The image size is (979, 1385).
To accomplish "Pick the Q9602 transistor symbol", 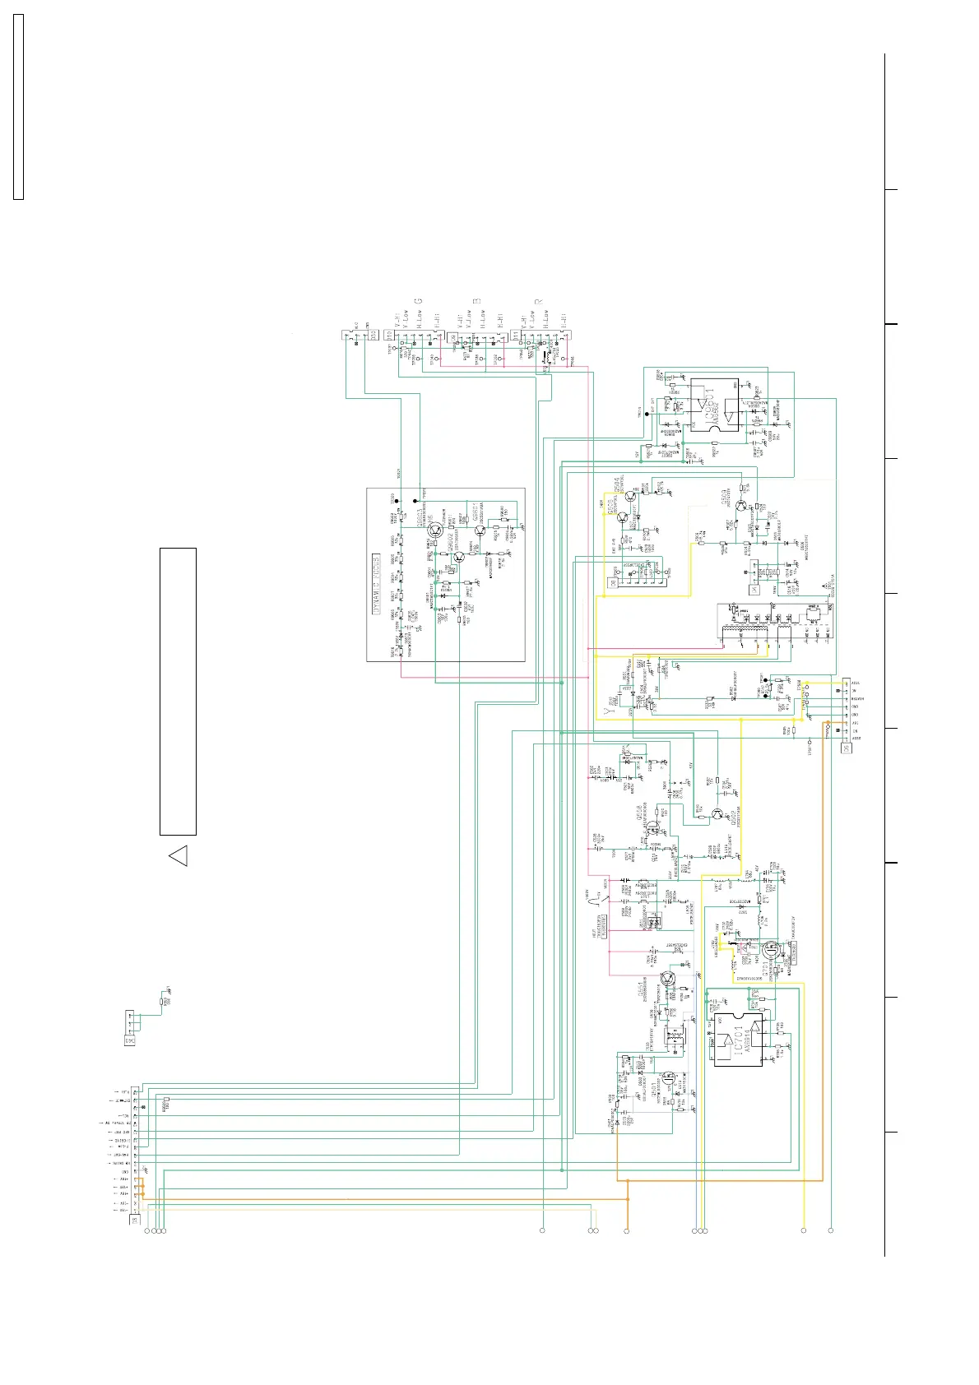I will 458,557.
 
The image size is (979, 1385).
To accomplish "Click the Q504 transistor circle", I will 631,495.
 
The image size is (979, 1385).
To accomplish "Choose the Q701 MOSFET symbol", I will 771,950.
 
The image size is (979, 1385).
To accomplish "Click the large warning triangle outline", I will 179,855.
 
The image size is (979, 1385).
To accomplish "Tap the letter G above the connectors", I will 417,301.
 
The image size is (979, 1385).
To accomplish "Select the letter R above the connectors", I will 539,301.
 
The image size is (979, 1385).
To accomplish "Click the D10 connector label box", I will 389,335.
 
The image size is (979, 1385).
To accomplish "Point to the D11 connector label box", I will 516,335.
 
